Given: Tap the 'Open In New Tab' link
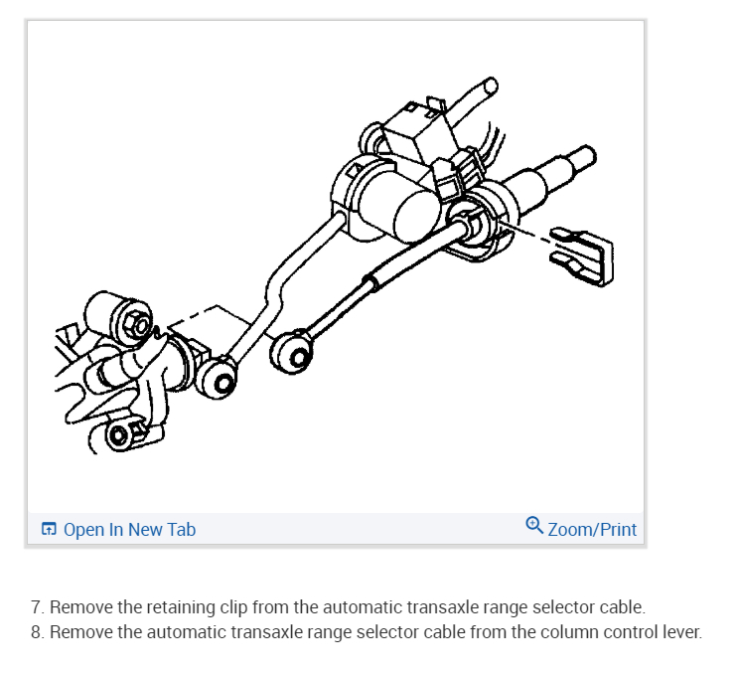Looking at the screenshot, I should pyautogui.click(x=129, y=529).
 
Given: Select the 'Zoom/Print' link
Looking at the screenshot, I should pyautogui.click(x=592, y=529).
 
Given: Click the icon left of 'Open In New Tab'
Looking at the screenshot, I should pyautogui.click(x=49, y=529).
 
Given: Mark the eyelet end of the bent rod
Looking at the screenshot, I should pyautogui.click(x=221, y=375).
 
